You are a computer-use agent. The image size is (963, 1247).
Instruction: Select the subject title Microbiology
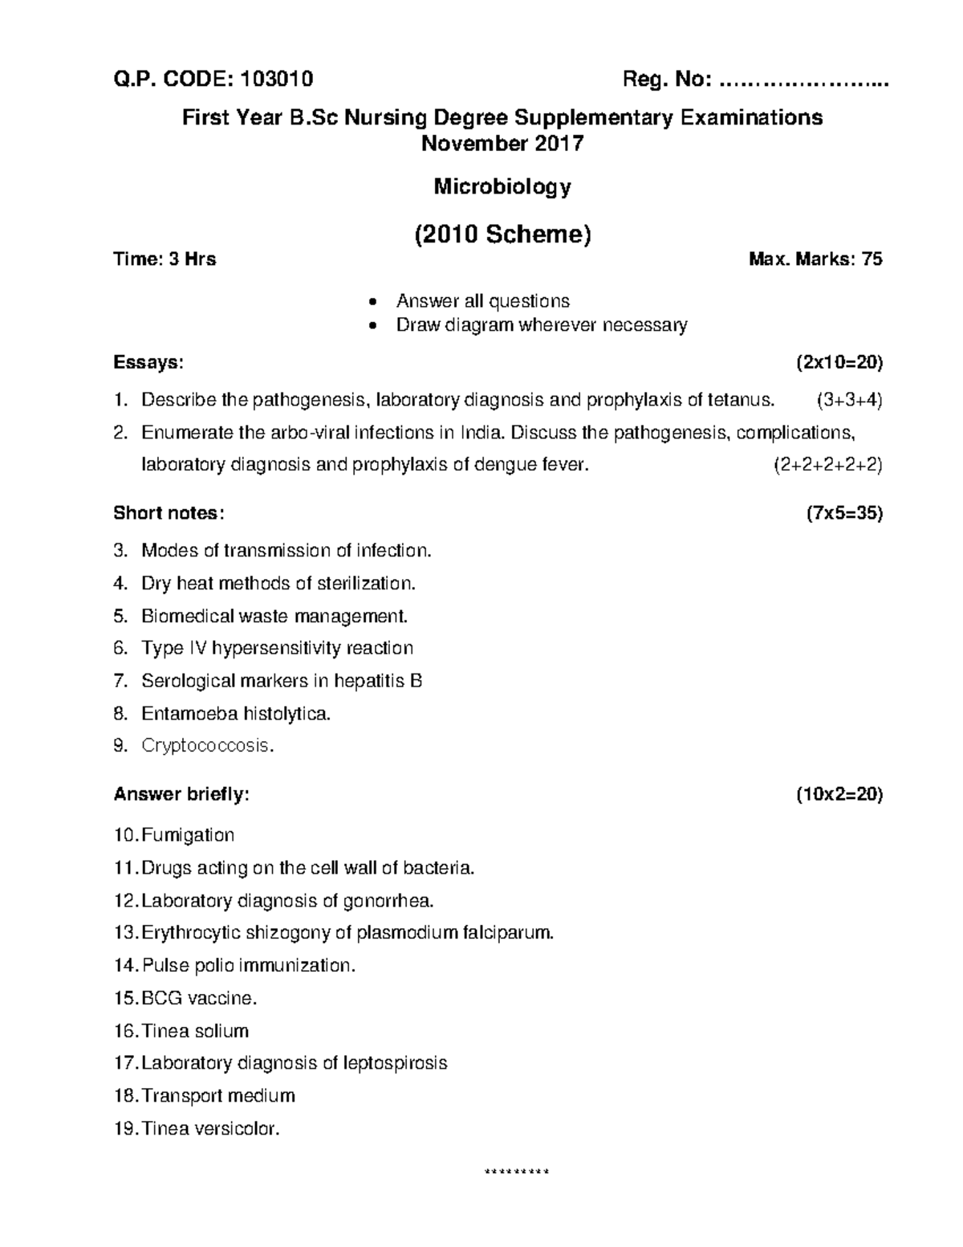click(x=502, y=187)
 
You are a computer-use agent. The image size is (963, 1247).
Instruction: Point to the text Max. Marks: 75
click(x=815, y=259)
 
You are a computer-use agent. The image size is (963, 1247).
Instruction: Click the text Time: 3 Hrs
click(x=165, y=259)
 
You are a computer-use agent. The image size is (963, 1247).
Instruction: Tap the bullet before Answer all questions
click(x=371, y=303)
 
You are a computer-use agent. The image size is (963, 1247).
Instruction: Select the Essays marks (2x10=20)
click(x=839, y=362)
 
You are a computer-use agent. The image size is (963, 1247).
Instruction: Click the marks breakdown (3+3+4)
click(x=849, y=400)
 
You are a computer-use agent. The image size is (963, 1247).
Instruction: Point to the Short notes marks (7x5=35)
click(x=844, y=513)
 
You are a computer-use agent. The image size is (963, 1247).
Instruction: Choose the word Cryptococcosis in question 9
click(x=207, y=746)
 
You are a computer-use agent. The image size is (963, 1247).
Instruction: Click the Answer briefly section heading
click(x=181, y=795)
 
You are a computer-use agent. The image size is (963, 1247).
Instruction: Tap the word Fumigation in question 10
click(x=188, y=835)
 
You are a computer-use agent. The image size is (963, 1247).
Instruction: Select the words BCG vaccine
click(x=199, y=998)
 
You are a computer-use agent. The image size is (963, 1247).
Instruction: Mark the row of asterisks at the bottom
click(x=518, y=1172)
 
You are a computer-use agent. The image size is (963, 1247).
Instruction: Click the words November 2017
click(x=502, y=144)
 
